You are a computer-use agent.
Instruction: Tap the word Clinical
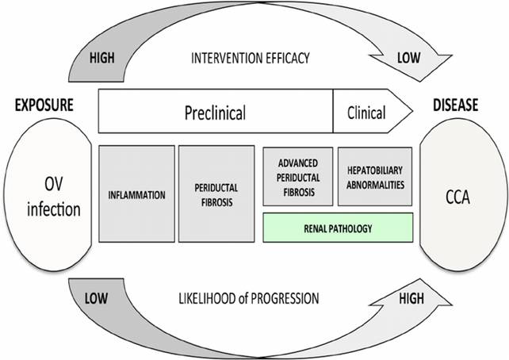366,113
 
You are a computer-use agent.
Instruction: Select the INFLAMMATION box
137,193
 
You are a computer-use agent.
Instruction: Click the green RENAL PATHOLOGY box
338,228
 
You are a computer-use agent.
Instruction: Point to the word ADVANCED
298,166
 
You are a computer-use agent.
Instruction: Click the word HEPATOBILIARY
376,170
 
